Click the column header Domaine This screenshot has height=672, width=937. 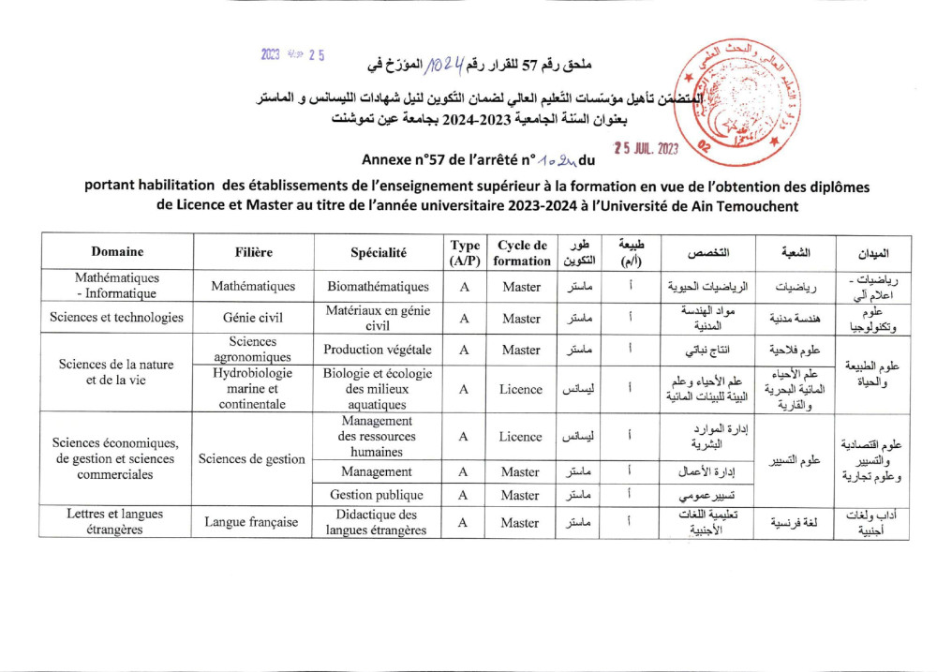pyautogui.click(x=117, y=252)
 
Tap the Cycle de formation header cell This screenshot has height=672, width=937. pyautogui.click(x=521, y=252)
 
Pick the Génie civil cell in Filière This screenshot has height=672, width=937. pyautogui.click(x=253, y=317)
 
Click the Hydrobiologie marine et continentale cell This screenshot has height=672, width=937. pyautogui.click(x=253, y=389)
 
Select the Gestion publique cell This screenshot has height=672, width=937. pyautogui.click(x=378, y=494)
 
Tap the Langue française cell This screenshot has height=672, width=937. pyautogui.click(x=253, y=522)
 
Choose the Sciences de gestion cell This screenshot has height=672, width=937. pyautogui.click(x=253, y=459)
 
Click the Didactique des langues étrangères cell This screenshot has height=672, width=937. pyautogui.click(x=378, y=522)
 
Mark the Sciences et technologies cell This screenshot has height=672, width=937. pyautogui.click(x=117, y=317)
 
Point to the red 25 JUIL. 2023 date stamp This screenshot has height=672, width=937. pyautogui.click(x=646, y=148)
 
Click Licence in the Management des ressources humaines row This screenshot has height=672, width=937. pyautogui.click(x=521, y=437)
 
